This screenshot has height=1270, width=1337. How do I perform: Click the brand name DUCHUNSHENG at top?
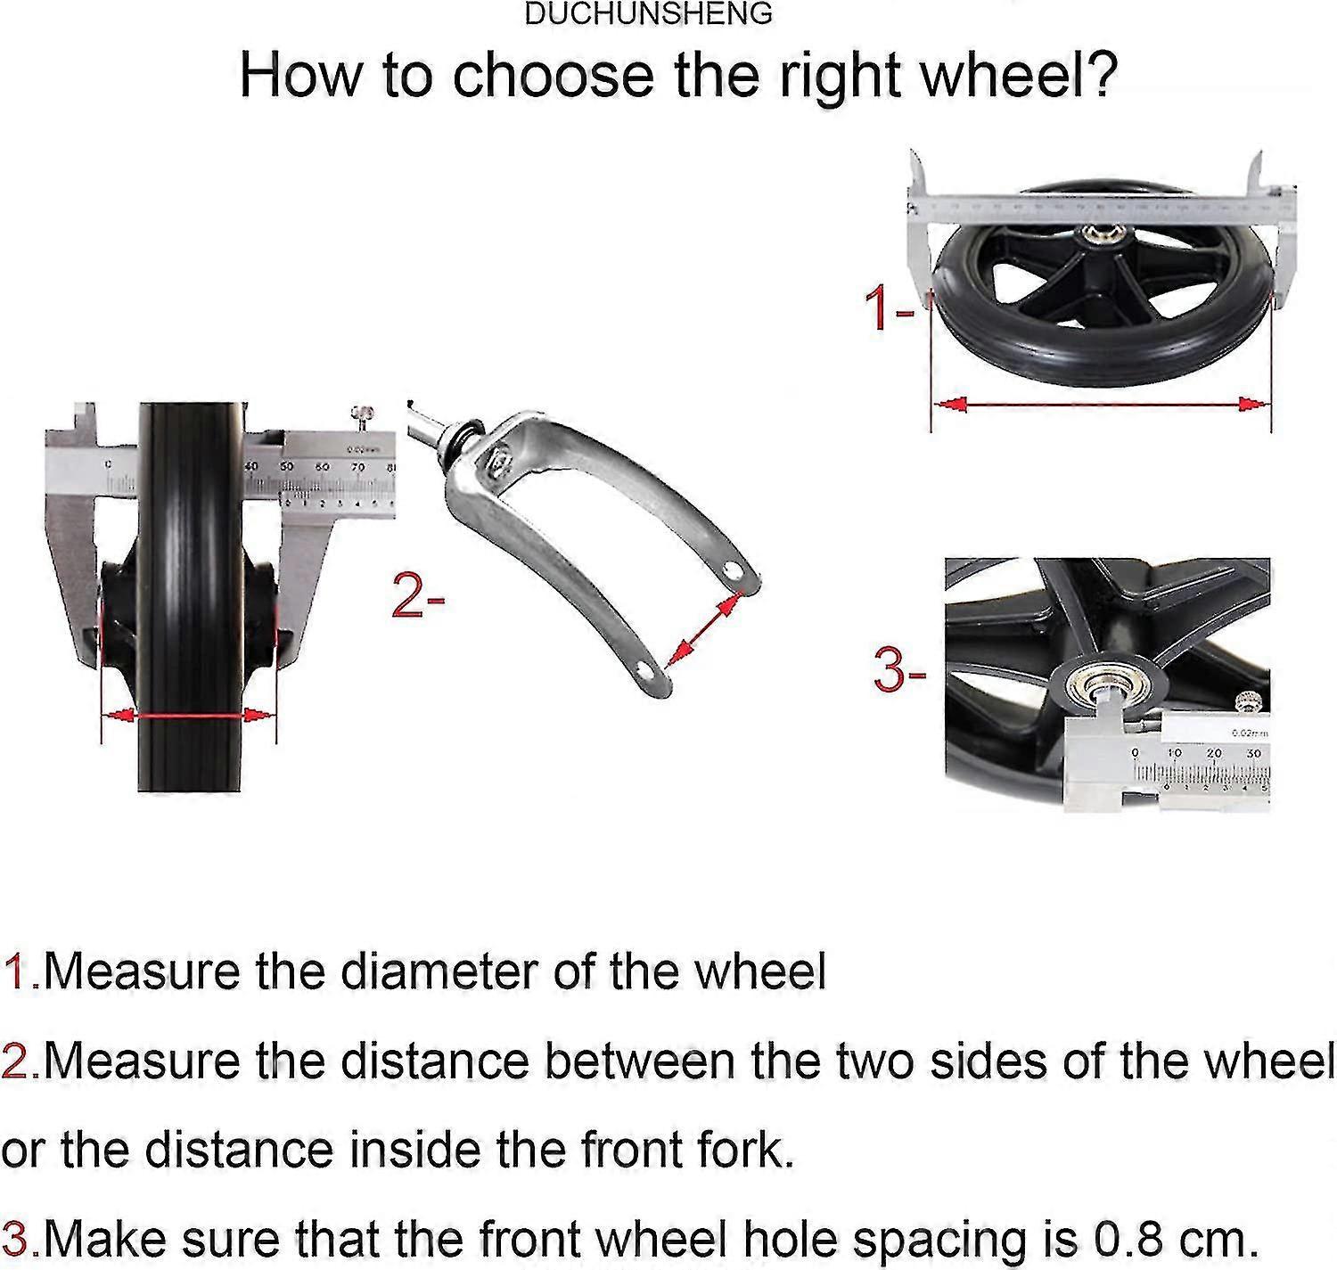coord(648,13)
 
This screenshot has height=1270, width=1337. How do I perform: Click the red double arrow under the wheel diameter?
coord(1100,405)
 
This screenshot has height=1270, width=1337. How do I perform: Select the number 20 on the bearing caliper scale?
coord(1213,753)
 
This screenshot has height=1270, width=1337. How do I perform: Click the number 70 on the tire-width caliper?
coord(357,466)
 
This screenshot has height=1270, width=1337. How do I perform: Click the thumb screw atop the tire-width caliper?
coord(363,414)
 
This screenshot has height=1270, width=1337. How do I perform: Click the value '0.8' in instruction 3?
coord(1121,1239)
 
